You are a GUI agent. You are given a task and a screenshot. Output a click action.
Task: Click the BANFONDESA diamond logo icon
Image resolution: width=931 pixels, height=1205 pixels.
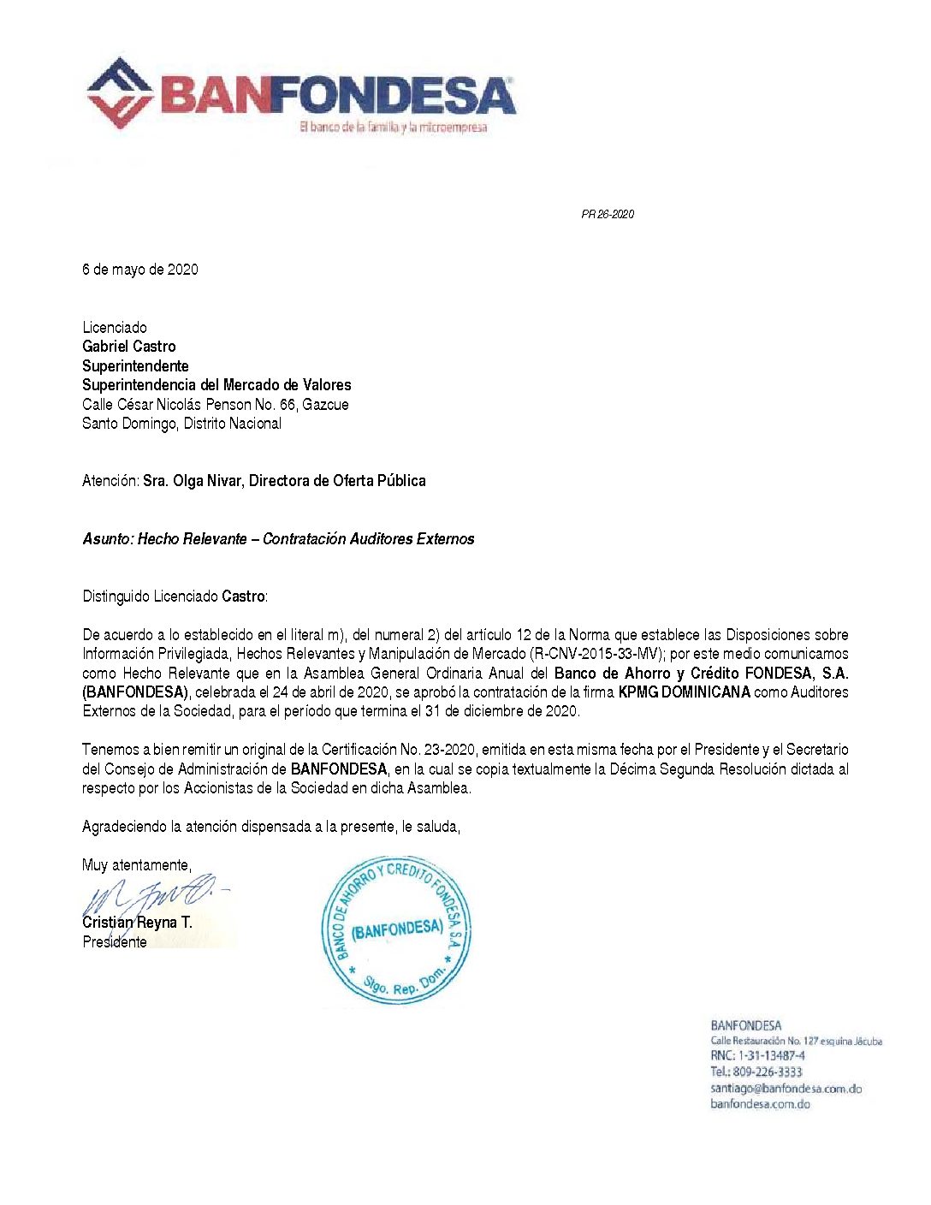[121, 93]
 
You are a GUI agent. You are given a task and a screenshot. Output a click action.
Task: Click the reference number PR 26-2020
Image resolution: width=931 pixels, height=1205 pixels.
[608, 215]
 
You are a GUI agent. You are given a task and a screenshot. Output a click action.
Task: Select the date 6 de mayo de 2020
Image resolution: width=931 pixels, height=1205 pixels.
[140, 270]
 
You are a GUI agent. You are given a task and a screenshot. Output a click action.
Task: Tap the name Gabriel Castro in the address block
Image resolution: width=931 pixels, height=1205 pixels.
[129, 347]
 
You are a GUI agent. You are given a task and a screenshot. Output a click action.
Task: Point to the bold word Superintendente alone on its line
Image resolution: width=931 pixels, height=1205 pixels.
[135, 366]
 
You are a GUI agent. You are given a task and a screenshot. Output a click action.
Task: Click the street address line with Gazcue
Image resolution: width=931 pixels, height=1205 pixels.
[216, 405]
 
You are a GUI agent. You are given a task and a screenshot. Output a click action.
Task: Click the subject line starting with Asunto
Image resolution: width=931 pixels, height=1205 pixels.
[278, 539]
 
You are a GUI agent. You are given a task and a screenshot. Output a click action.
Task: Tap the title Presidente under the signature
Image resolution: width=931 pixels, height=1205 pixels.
[115, 942]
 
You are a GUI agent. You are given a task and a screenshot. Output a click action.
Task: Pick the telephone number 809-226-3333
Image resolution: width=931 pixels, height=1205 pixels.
[768, 1072]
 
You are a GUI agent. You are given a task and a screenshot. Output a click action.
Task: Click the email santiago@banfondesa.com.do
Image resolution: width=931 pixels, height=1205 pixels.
[786, 1089]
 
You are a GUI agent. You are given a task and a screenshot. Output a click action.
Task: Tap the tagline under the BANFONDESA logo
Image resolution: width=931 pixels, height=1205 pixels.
[393, 128]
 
